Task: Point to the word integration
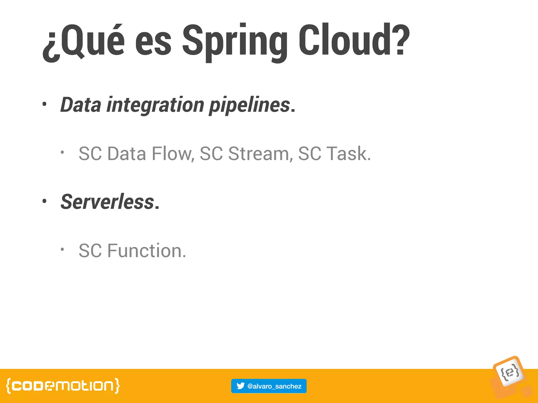point(155,105)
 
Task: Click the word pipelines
point(250,105)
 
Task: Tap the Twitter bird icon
point(240,386)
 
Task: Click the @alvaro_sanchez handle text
point(274,386)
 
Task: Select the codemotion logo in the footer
point(63,386)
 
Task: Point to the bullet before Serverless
point(44,201)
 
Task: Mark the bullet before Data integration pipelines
point(44,104)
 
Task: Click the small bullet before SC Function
point(62,249)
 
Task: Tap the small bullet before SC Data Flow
point(62,152)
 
